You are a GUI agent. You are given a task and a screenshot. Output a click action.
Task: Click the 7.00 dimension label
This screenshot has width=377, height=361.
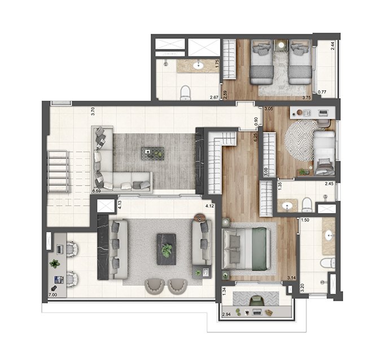tap(53, 295)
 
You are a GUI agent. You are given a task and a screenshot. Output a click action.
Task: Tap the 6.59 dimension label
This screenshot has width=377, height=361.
tap(97, 191)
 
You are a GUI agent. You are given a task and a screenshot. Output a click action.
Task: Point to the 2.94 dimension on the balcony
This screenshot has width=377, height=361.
tap(227, 314)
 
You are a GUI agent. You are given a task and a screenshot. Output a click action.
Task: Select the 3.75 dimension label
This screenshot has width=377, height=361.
tap(307, 98)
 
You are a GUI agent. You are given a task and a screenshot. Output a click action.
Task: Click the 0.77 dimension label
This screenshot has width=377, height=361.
tap(322, 91)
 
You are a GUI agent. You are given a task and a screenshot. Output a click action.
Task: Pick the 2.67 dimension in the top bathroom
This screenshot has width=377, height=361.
tap(214, 98)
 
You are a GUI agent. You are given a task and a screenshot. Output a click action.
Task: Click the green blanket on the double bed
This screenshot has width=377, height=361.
tap(259, 249)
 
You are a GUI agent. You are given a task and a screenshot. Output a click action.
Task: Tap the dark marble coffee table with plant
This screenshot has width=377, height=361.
tap(166, 249)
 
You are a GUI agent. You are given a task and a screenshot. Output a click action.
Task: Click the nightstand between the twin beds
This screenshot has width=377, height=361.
tap(281, 45)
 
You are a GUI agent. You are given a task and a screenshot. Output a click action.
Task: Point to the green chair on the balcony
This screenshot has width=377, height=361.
tap(257, 301)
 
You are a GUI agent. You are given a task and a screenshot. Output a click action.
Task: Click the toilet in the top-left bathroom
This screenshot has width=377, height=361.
tap(185, 93)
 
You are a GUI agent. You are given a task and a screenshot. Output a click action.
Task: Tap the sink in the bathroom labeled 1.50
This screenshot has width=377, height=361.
tap(328, 236)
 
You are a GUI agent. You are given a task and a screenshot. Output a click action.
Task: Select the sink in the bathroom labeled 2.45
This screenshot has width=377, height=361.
tap(287, 206)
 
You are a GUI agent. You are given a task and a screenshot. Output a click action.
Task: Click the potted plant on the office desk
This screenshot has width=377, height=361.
tap(55, 263)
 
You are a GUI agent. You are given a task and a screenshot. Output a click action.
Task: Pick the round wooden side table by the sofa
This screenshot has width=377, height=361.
tap(200, 218)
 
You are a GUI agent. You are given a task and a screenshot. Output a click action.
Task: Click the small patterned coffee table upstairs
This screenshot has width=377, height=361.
tap(153, 153)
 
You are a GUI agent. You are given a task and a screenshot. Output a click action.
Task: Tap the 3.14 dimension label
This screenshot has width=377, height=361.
tap(291, 278)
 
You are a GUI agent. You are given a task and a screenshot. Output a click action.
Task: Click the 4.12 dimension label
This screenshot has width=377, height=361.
tap(209, 206)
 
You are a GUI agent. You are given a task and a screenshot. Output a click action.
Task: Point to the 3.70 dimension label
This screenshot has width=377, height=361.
tap(93, 111)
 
